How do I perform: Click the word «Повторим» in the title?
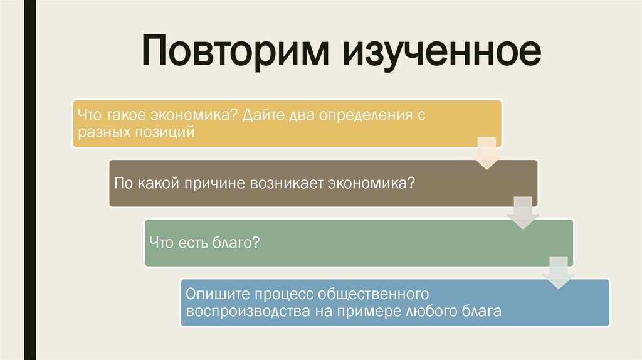(234, 53)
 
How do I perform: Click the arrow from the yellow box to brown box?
(486, 152)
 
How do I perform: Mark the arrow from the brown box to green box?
(522, 212)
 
